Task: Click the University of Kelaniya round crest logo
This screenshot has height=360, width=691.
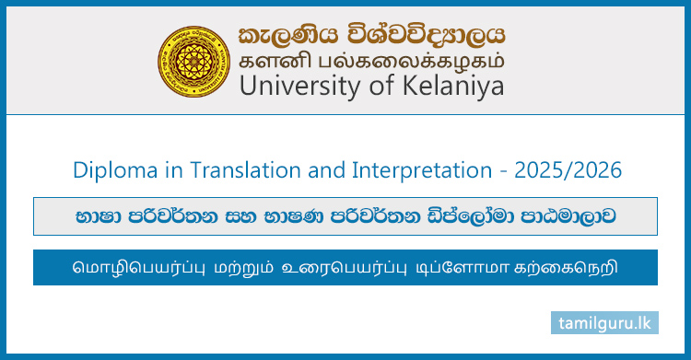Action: click(x=194, y=57)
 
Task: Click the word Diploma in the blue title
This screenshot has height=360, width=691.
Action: click(x=110, y=170)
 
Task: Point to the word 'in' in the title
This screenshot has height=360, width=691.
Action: click(x=157, y=170)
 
